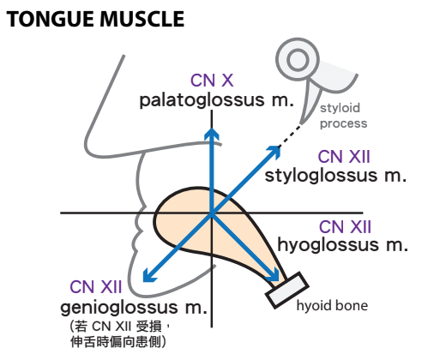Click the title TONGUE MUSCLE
[x=95, y=19]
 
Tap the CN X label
[x=212, y=81]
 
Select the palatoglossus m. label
[x=216, y=100]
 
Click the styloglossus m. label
[x=335, y=176]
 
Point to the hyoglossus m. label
[x=342, y=245]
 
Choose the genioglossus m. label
[x=134, y=308]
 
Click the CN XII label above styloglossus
[x=344, y=157]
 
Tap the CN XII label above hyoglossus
[x=345, y=227]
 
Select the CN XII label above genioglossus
[x=96, y=287]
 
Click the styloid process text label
[x=343, y=116]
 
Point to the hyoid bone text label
[x=332, y=306]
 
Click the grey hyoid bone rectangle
[x=287, y=291]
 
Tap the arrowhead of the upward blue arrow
[x=212, y=134]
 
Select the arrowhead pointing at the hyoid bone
[x=273, y=275]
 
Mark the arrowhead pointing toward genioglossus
[x=148, y=276]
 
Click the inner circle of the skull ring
[x=298, y=60]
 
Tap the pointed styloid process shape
[x=310, y=100]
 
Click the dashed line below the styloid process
[x=290, y=135]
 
